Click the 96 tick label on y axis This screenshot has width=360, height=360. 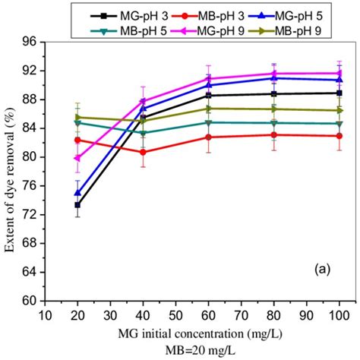[31, 42]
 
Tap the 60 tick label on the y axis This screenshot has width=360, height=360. [31, 301]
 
